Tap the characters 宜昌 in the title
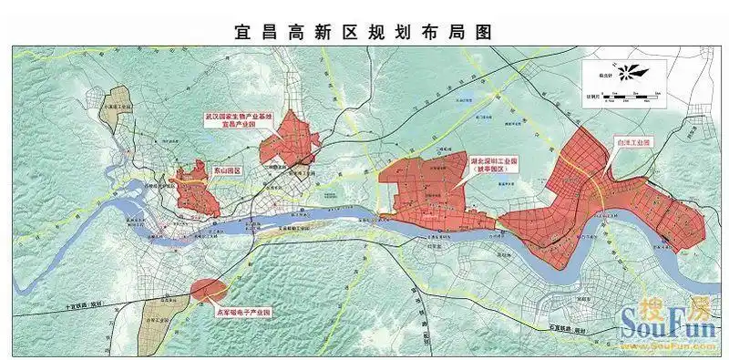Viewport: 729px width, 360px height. click(258, 31)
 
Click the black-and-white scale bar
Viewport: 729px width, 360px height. click(629, 94)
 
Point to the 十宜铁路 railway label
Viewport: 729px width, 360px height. click(87, 302)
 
